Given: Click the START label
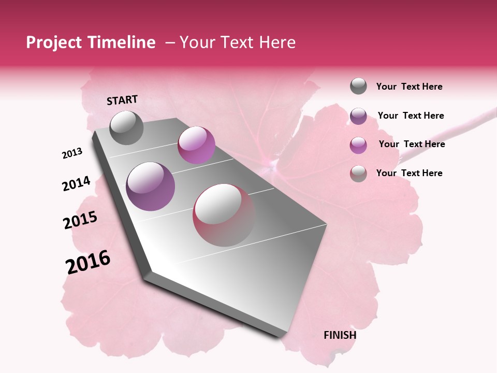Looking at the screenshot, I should click(x=122, y=100).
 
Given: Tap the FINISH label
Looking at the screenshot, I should click(x=340, y=335).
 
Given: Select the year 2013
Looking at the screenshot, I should click(x=72, y=153).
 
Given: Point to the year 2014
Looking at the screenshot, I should click(x=76, y=184).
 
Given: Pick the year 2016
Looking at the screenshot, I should click(x=88, y=262).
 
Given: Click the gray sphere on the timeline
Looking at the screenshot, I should click(x=126, y=127).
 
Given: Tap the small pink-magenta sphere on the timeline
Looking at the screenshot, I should click(x=196, y=145).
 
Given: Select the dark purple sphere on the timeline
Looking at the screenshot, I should click(x=150, y=186).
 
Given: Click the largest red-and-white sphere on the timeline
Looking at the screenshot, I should click(x=224, y=214).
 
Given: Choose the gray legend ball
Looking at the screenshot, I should click(x=358, y=86).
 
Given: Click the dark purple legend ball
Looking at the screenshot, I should click(x=358, y=116).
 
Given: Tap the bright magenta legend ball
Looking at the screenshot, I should click(x=358, y=145).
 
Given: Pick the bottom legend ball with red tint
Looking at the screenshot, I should click(x=358, y=174).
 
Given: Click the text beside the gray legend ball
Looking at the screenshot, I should click(x=409, y=87).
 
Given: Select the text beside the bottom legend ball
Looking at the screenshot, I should click(x=409, y=173).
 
